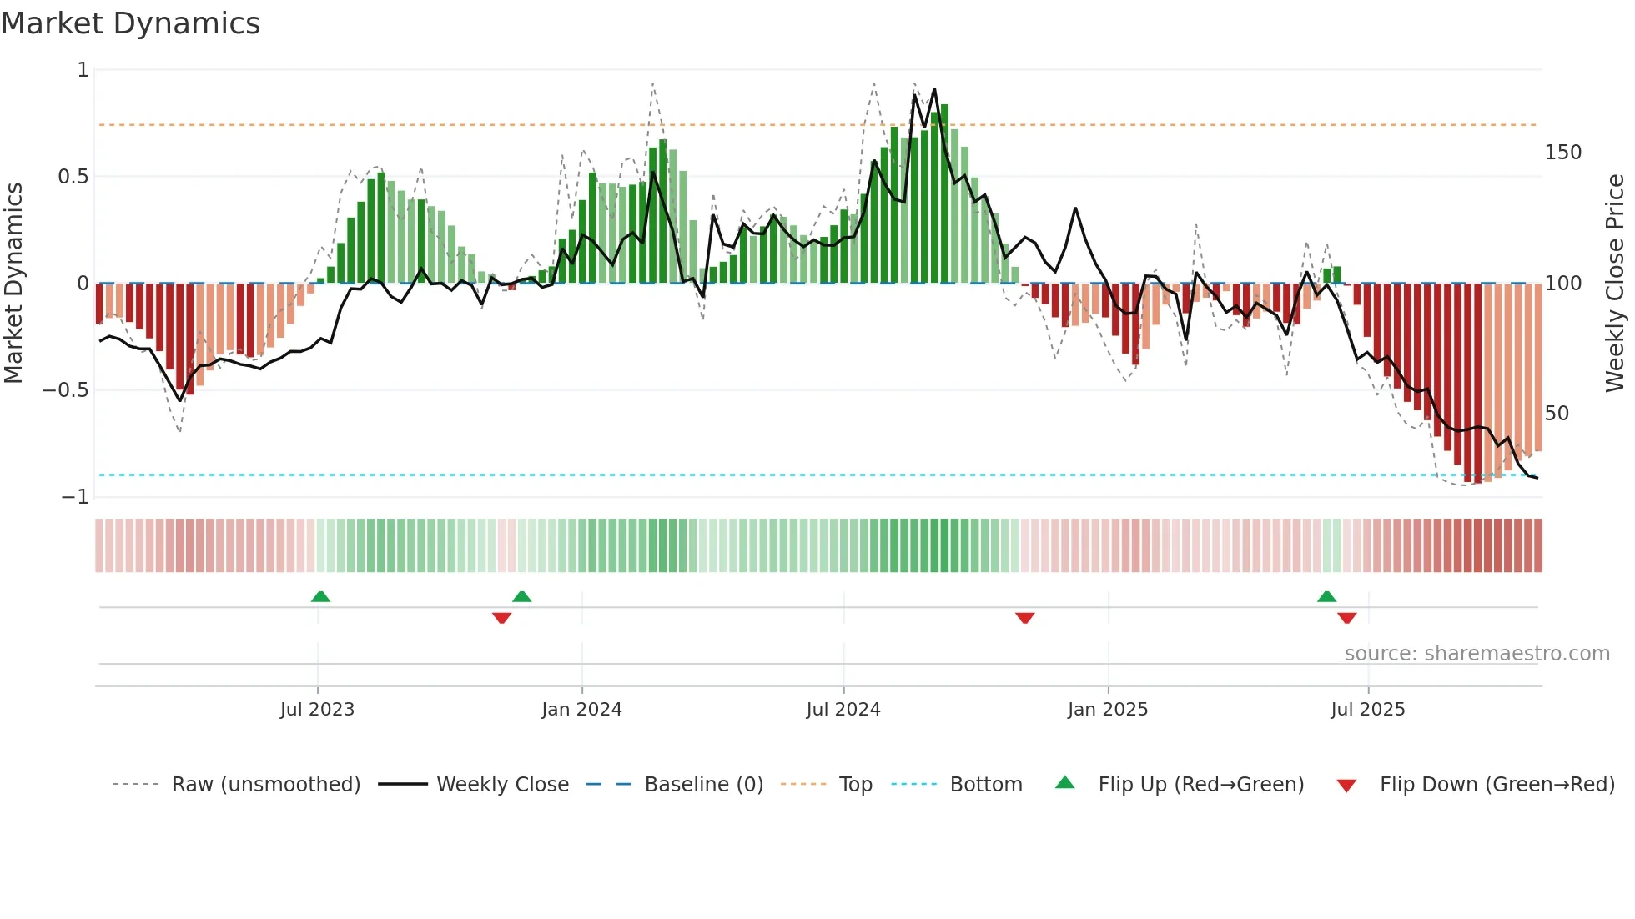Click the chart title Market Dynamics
[x=131, y=23]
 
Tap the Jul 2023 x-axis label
[x=317, y=710]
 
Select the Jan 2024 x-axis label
[x=581, y=710]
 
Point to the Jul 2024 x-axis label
[x=843, y=710]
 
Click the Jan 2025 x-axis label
[x=1108, y=710]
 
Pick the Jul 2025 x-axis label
[x=1368, y=710]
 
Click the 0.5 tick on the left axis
[x=73, y=177]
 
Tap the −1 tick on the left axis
[x=74, y=497]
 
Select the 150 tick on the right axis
[x=1563, y=153]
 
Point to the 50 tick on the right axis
[x=1557, y=414]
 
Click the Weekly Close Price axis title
[x=1615, y=284]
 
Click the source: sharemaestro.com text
[x=1477, y=654]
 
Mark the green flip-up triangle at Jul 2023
[x=320, y=596]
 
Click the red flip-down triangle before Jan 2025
[x=1025, y=618]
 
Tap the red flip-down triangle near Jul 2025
[x=1347, y=618]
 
